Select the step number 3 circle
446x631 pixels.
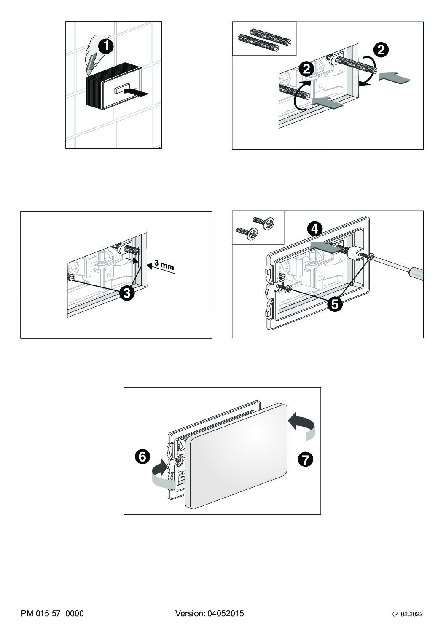coord(127,293)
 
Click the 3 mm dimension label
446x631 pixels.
coord(164,265)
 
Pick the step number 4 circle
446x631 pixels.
coord(315,229)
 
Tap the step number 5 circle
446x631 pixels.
coord(335,304)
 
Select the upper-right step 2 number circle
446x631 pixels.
coord(381,51)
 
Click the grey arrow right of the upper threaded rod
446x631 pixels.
coord(395,78)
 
